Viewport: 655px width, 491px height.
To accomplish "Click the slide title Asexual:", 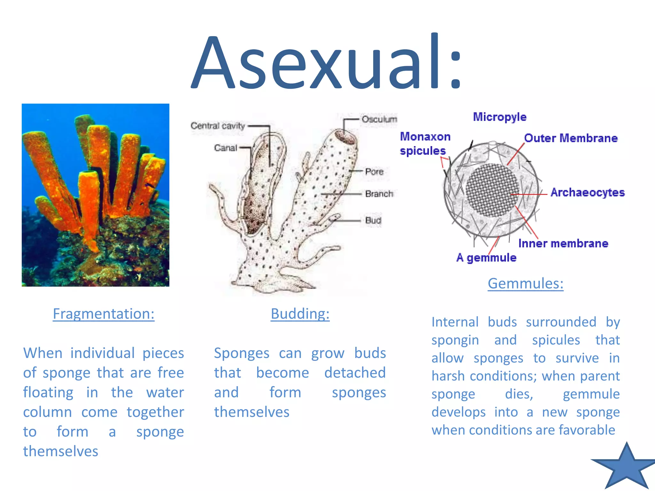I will point(326,62).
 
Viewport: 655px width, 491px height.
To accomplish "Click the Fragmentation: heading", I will point(104,314).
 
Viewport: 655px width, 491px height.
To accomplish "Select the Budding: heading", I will point(300,314).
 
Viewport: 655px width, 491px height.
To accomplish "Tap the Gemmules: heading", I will point(525,283).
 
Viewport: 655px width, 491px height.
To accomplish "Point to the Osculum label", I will point(379,119).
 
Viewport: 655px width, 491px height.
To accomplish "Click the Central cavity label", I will point(217,126).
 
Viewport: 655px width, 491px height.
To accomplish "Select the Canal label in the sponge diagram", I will point(225,148).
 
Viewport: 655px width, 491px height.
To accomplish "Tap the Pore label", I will point(374,172).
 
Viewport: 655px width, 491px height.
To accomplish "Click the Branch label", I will point(379,194).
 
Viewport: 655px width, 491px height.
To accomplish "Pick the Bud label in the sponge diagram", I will point(373,220).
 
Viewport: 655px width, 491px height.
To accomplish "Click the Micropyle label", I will point(500,117).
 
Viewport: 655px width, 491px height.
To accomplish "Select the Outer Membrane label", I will point(571,138).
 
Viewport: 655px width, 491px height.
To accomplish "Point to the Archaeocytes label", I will point(587,192).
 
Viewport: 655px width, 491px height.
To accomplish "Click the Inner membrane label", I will point(563,243).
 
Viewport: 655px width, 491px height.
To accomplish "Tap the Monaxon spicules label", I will point(425,144).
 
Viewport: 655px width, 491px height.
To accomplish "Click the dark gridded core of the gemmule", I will point(492,190).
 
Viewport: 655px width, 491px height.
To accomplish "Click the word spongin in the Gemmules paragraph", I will point(455,340).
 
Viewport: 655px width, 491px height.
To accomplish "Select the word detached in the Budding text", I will point(355,373).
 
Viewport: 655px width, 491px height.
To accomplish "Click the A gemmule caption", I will point(486,258).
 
